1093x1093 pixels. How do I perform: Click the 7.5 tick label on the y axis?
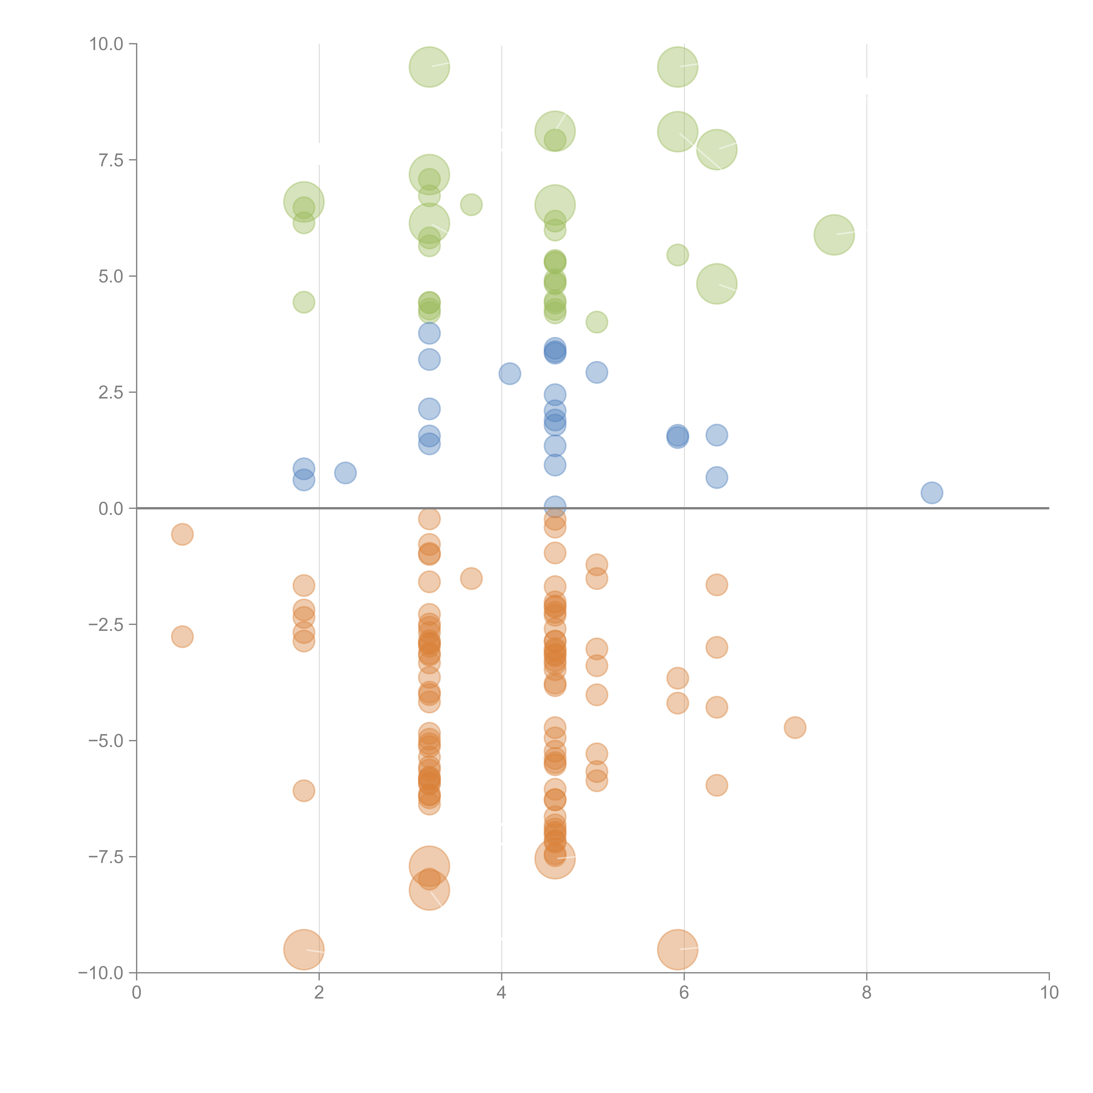coord(111,160)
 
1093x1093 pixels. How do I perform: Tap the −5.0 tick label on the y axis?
coord(106,741)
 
